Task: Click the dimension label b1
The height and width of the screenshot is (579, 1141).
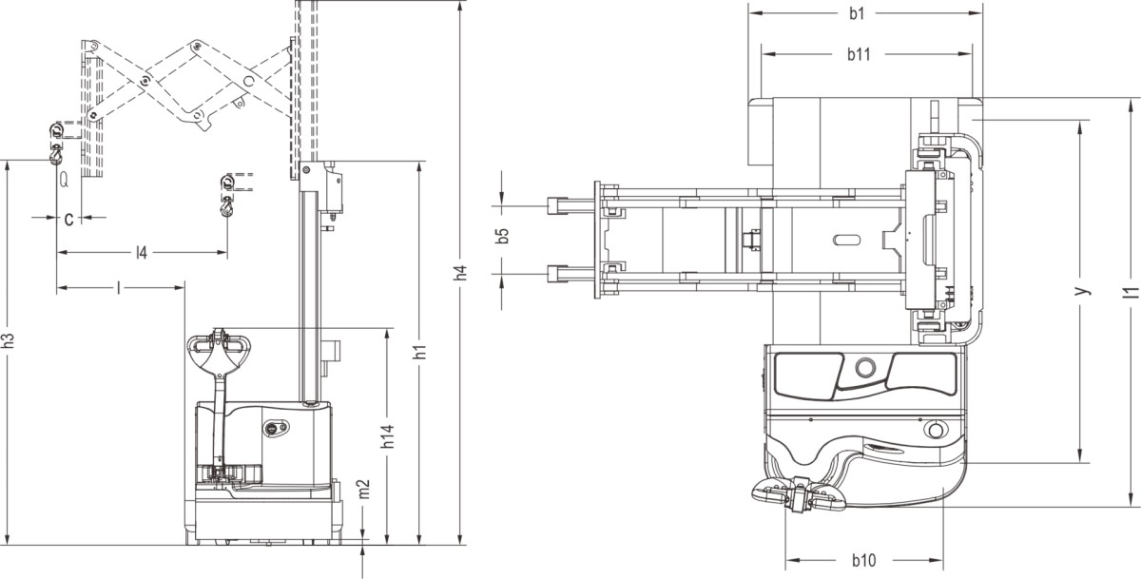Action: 857,13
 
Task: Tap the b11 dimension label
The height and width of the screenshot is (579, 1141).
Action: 859,54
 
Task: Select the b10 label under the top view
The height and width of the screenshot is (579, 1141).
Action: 864,561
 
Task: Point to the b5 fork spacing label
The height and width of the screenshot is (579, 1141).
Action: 502,236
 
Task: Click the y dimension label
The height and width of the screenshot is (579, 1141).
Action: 1082,291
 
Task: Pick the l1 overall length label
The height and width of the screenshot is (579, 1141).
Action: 1131,293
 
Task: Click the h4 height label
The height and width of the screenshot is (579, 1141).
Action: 461,273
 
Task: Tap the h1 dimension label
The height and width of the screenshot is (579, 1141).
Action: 419,352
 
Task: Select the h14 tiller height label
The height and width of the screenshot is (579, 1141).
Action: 388,436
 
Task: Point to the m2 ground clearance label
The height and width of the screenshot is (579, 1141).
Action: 363,489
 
